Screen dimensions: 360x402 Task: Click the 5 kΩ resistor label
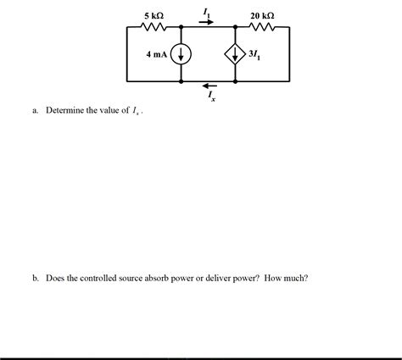(154, 16)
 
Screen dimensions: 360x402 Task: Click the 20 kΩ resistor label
(263, 16)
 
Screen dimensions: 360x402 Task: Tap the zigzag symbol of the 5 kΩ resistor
(154, 27)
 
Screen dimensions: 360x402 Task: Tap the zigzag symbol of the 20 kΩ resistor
(263, 27)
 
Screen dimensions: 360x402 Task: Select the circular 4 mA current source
(181, 55)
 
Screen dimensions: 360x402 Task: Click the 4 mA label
(157, 55)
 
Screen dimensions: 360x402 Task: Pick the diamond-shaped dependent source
(235, 55)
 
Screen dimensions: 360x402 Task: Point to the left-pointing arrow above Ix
(209, 86)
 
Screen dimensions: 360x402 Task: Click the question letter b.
(36, 277)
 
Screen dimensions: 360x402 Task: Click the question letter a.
(36, 111)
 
